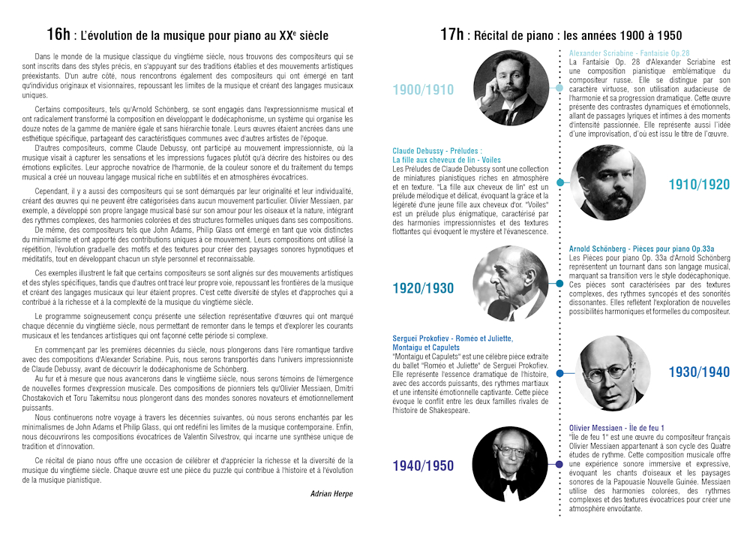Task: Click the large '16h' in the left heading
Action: [58, 34]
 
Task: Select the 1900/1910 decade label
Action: [423, 90]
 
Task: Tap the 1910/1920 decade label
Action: [699, 185]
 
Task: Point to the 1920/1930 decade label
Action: [423, 288]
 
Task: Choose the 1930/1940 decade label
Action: [699, 372]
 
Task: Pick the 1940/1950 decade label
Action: [423, 466]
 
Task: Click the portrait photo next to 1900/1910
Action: [511, 89]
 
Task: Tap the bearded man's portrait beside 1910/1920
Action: [606, 183]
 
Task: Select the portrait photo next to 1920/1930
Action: [511, 284]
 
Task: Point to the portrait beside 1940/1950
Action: [511, 464]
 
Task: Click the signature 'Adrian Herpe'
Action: [331, 494]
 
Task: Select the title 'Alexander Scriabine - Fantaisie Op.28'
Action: [629, 53]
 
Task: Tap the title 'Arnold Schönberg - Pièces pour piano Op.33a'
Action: [641, 248]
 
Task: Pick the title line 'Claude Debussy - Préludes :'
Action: [437, 151]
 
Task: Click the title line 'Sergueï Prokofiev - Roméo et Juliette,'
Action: [452, 339]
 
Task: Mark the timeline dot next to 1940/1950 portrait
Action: [558, 465]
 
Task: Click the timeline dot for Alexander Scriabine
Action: [559, 88]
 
